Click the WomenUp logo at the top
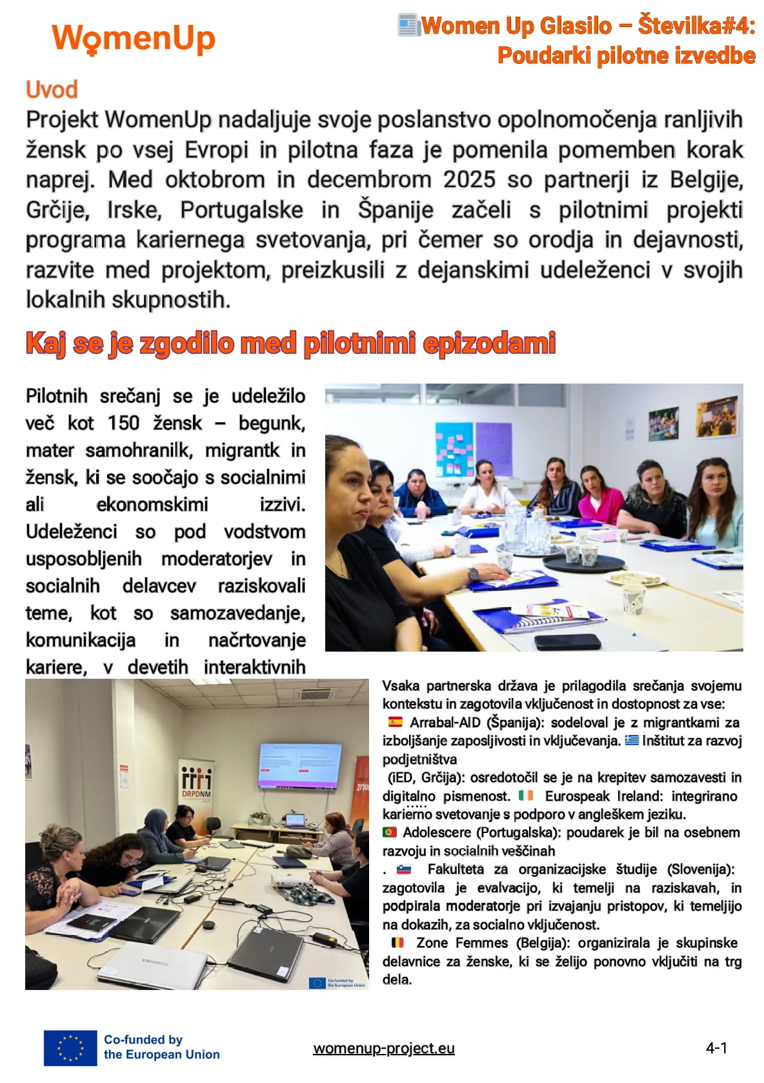coord(134,39)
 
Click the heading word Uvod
coord(52,89)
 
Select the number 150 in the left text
coord(123,423)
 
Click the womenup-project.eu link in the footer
coord(384,1048)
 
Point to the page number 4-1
coord(717,1047)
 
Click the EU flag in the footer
coord(70,1047)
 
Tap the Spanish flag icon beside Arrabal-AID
coord(395,722)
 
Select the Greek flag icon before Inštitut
coord(631,740)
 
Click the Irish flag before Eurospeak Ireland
coord(526,796)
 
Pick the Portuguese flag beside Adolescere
coord(389,832)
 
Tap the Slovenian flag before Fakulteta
coord(404,869)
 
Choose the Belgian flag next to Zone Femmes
coord(397,943)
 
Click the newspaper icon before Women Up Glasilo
coord(408,25)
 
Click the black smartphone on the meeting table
coord(568,642)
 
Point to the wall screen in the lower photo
coord(299,766)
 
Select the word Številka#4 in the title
coord(697,26)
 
